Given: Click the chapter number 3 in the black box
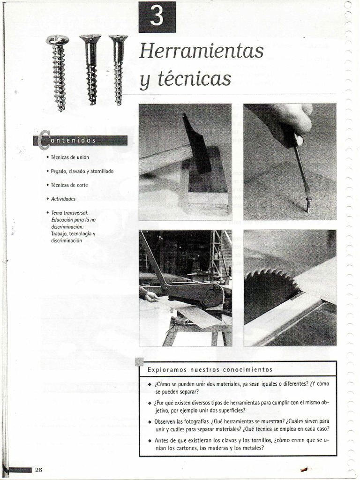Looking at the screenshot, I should point(157,17).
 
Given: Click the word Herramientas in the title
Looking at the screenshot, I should point(201,51).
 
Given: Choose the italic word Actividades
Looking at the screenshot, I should point(63,199).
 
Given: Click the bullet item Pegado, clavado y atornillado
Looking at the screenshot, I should point(82,171).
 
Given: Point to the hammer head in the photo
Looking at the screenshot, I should point(196,145).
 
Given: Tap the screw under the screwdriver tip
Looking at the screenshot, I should point(308,204).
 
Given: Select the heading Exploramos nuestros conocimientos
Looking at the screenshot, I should point(210,369).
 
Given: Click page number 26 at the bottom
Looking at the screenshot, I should point(38,470).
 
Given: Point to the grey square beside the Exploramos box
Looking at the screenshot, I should point(139,361).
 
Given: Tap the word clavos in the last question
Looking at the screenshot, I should point(225,440).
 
